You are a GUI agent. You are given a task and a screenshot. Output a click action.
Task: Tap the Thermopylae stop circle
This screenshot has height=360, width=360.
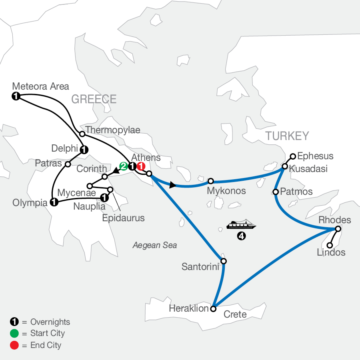[x=82, y=134]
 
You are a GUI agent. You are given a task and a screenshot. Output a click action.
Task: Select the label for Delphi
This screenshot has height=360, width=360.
[x=64, y=149]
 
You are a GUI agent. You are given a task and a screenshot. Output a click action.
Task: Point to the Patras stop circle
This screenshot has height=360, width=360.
[x=68, y=164]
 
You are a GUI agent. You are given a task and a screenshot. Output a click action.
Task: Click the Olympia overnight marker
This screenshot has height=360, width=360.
[x=53, y=202]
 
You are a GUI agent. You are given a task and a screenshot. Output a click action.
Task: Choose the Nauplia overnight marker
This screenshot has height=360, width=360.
[x=104, y=197]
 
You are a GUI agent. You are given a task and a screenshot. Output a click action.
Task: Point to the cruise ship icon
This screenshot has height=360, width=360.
[x=240, y=225]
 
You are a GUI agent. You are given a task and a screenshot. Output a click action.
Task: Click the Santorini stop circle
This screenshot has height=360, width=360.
[x=224, y=261]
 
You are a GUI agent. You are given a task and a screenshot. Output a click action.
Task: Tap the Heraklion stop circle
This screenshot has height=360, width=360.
[x=213, y=309]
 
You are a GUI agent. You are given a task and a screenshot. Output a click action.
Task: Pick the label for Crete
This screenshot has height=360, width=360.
[x=235, y=314]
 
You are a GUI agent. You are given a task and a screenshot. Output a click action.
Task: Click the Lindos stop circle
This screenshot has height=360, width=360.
[x=330, y=245]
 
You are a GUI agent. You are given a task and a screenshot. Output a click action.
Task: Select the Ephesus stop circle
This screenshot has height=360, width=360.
[x=293, y=156]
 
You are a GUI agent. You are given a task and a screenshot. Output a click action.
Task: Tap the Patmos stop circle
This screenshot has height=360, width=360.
[x=276, y=192]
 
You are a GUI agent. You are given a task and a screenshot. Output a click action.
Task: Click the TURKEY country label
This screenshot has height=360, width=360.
[x=287, y=136]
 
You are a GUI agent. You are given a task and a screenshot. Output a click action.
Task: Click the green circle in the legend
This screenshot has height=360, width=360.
[x=13, y=333]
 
